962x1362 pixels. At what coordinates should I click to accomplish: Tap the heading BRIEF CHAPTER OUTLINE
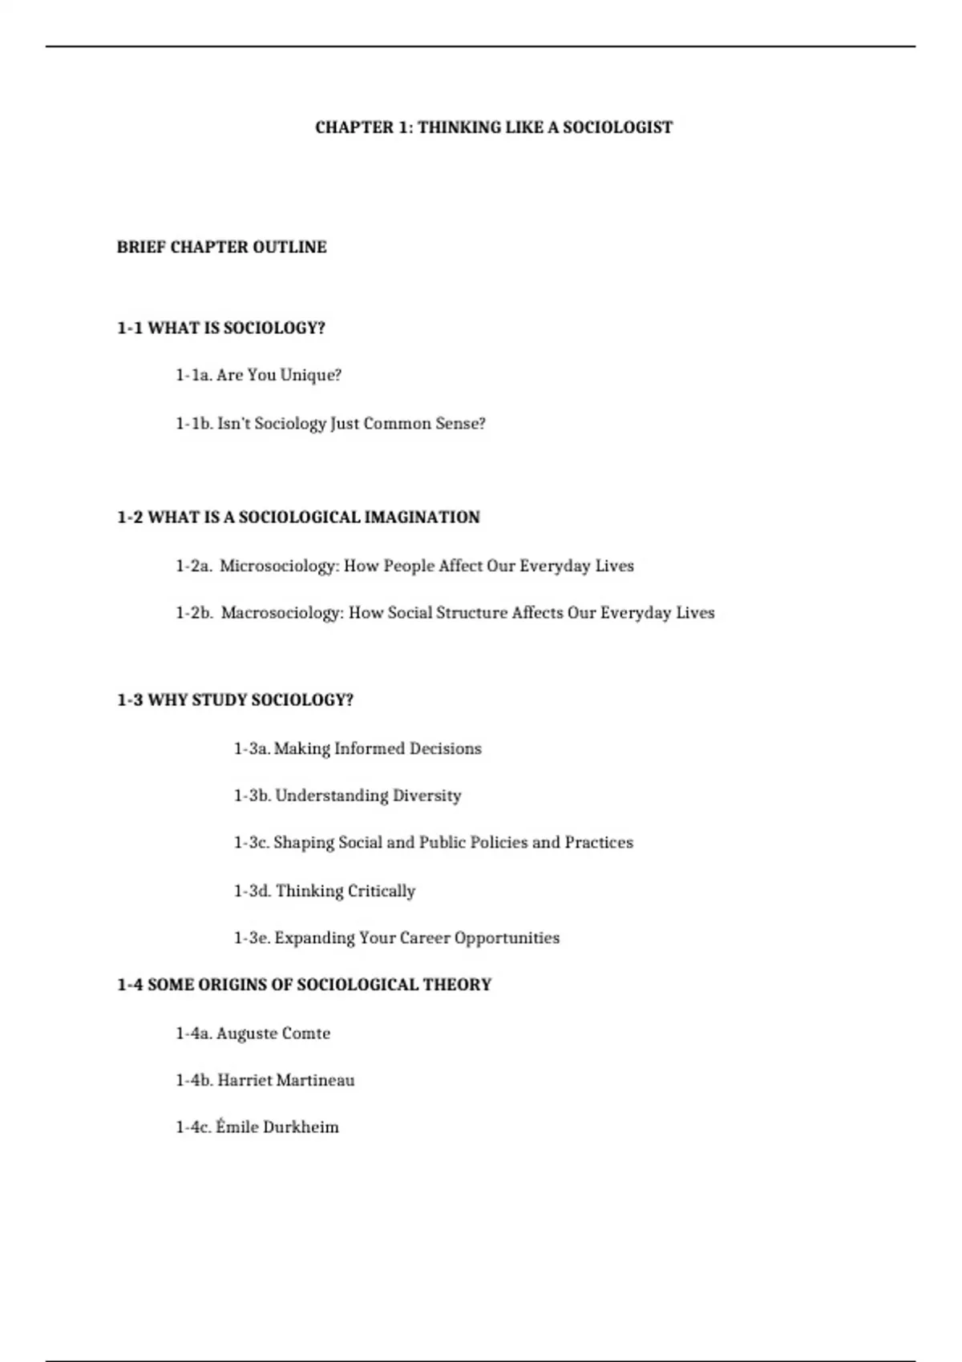pos(221,248)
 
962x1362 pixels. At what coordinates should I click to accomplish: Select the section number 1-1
pos(130,328)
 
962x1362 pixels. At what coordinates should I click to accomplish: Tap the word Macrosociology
pos(282,613)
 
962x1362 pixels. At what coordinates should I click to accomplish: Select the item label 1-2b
pos(194,613)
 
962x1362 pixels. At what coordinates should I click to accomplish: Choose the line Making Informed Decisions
pos(378,749)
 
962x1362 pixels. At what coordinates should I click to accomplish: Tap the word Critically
pos(381,891)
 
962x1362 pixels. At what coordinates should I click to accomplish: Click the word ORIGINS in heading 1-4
pos(232,985)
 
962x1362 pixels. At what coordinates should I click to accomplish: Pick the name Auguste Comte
pos(273,1034)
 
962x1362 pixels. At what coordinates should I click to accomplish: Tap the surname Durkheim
pos(301,1127)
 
